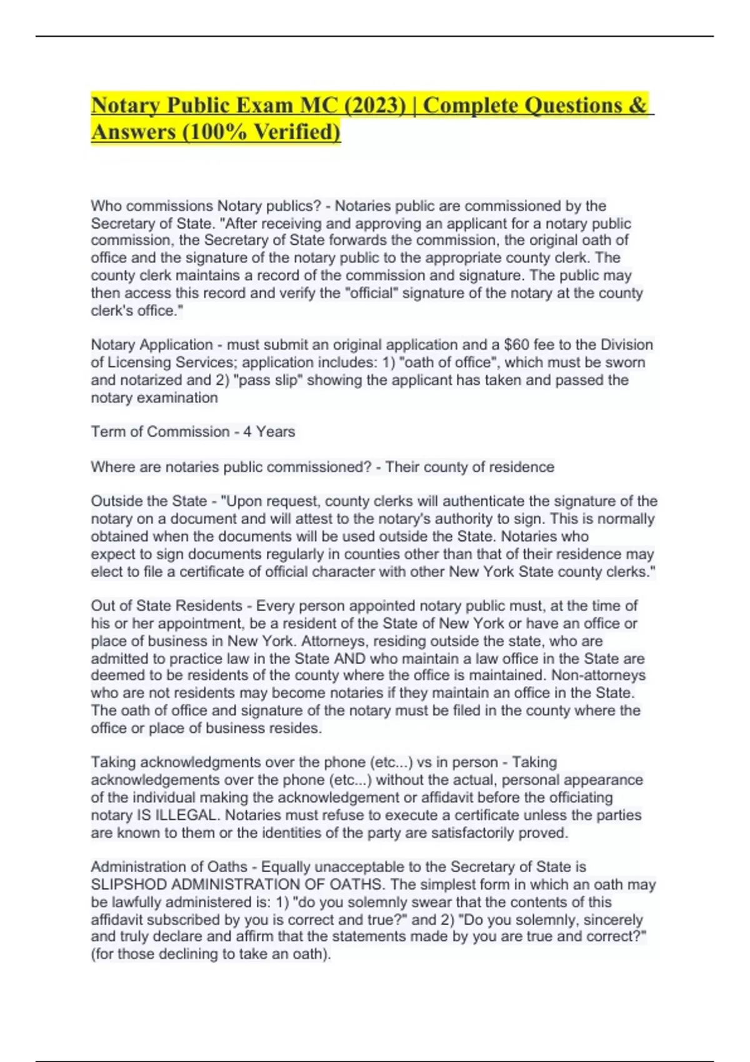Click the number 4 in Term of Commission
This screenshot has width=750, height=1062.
247,432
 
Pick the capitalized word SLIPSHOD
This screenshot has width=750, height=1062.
129,885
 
